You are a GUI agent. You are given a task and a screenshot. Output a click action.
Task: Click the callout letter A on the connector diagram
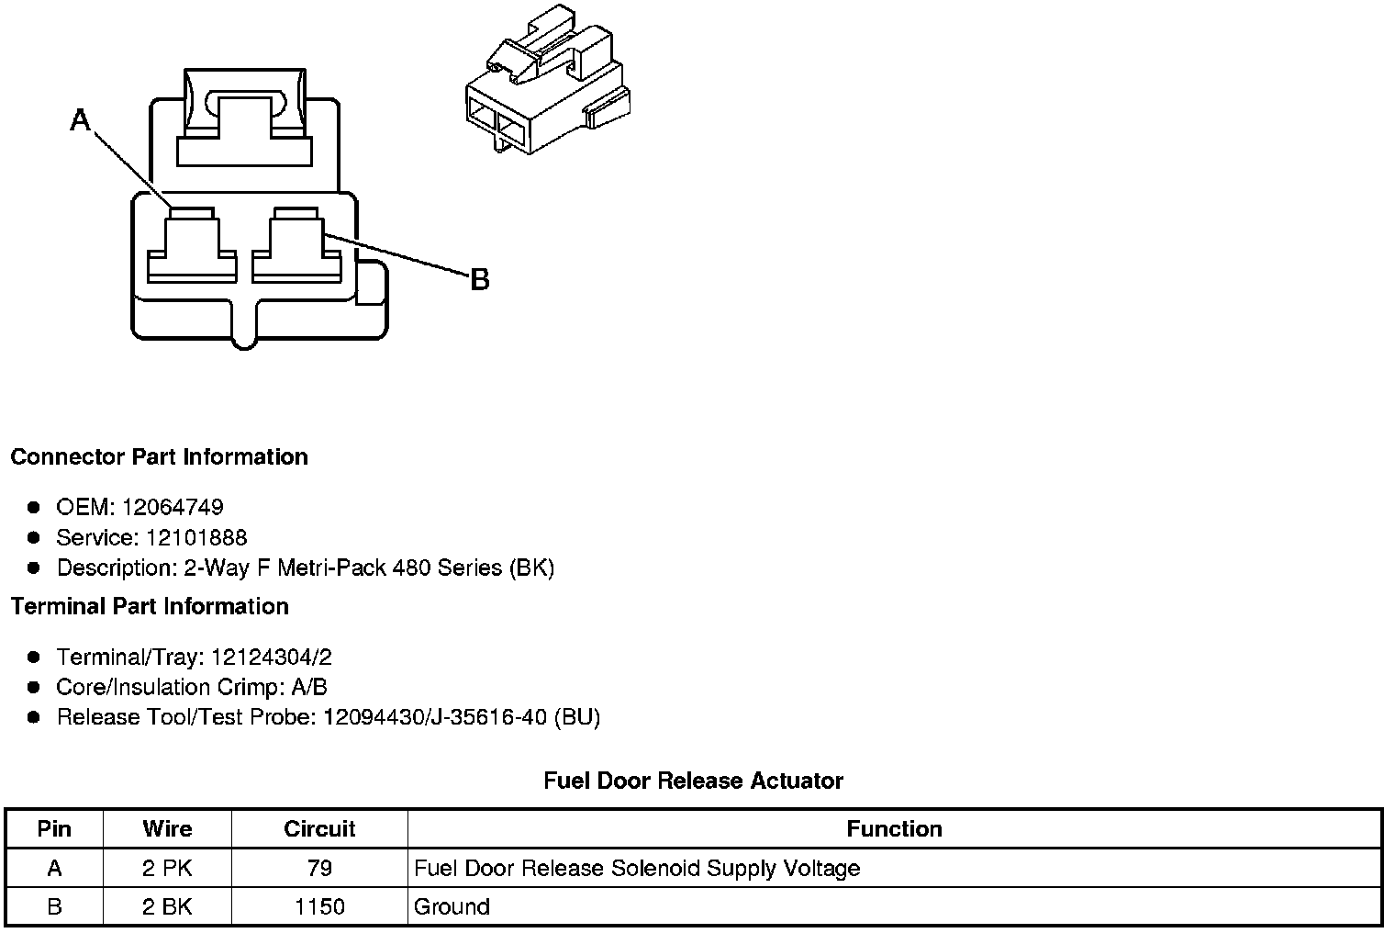pyautogui.click(x=81, y=119)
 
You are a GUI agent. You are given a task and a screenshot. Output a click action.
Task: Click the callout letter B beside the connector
pyautogui.click(x=479, y=279)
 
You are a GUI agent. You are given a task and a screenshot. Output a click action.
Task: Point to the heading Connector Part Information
pyautogui.click(x=159, y=457)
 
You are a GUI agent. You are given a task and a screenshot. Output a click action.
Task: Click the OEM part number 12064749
pyautogui.click(x=173, y=507)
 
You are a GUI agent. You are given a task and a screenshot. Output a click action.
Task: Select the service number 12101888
pyautogui.click(x=196, y=537)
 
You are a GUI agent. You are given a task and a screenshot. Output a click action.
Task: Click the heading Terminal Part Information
pyautogui.click(x=150, y=606)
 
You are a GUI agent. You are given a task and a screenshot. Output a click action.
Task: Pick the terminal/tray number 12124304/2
pyautogui.click(x=272, y=657)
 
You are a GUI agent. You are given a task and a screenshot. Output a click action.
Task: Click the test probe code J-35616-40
pyautogui.click(x=488, y=717)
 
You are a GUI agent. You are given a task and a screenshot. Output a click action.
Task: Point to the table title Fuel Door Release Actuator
pyautogui.click(x=693, y=781)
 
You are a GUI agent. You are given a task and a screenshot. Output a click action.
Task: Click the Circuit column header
pyautogui.click(x=319, y=829)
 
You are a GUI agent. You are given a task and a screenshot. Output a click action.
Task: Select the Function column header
pyautogui.click(x=894, y=829)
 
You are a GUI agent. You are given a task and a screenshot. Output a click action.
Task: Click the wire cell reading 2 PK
pyautogui.click(x=167, y=868)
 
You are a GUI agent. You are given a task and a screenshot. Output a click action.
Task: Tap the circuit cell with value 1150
pyautogui.click(x=319, y=907)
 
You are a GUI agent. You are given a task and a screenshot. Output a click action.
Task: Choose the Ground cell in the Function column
pyautogui.click(x=452, y=907)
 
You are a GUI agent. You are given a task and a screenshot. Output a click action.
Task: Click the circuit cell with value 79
pyautogui.click(x=319, y=868)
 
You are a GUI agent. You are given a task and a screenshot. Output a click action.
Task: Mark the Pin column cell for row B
pyautogui.click(x=54, y=907)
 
